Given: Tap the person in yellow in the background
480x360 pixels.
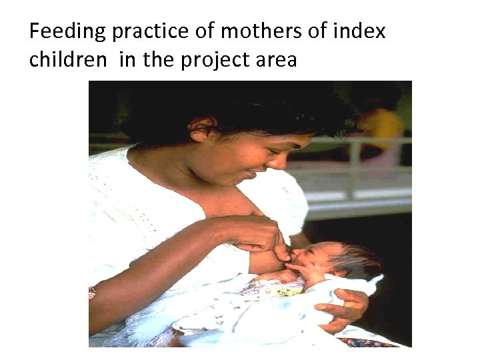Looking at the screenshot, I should click(x=380, y=127).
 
